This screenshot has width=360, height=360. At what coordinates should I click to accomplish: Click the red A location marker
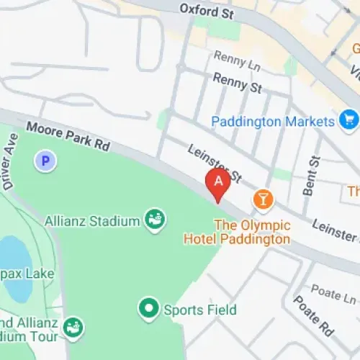point(218,182)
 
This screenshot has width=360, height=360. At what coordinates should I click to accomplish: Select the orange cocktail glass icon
point(263,199)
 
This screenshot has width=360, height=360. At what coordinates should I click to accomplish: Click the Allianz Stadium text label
point(91,220)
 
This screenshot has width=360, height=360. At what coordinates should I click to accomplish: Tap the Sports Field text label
point(199,310)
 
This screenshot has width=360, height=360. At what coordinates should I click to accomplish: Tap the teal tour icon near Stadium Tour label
point(73,328)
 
